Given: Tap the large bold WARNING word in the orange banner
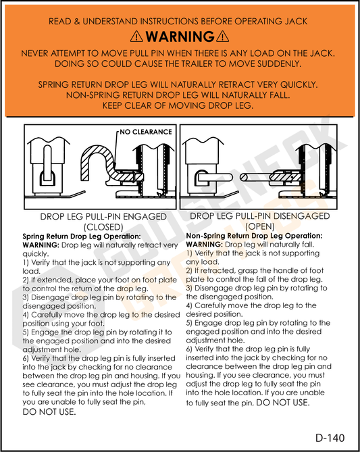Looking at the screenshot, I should point(180,36).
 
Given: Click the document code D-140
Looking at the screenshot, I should point(330,437).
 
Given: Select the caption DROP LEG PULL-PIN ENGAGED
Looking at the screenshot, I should point(103,217).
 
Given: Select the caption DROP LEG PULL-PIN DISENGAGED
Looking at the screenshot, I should point(260,216).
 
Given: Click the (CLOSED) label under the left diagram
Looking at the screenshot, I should point(103,227).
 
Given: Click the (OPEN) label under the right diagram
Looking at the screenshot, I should point(260,226).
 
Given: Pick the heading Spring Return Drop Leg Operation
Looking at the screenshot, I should point(82,236).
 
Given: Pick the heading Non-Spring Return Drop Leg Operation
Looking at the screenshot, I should point(254,236).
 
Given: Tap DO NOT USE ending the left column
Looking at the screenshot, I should point(49,411).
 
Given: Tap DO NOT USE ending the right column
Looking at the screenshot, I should point(283,402).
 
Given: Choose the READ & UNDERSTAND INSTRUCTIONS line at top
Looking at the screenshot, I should point(180,22).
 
